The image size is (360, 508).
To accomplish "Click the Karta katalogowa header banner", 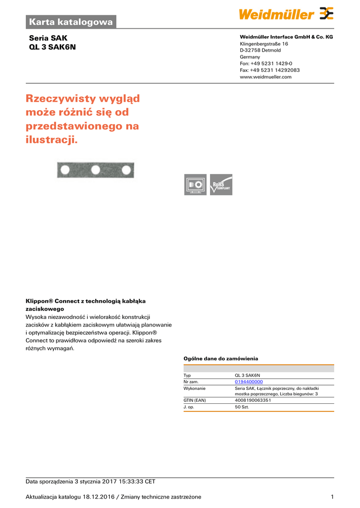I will coord(71,21).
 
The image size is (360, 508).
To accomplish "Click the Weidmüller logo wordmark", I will coord(276,14).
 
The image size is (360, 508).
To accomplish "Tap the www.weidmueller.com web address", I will coord(266,77).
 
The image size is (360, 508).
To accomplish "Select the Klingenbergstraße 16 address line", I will coord(264,44).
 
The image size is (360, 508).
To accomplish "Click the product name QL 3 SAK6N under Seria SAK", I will coord(53,47).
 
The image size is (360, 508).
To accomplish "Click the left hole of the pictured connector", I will coord(64,171).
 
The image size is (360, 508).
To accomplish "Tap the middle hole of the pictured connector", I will coord(95,171).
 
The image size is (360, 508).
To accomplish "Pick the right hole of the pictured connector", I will coord(127,171).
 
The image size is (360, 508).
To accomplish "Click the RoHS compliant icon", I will coord(221,185).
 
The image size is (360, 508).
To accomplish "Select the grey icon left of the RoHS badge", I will coord(195,185).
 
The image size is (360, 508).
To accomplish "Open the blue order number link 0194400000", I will coord(249,381).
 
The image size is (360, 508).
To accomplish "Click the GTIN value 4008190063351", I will coord(253,400).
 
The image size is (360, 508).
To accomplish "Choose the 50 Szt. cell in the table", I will coord(242,407).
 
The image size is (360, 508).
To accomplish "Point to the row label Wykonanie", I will coord(195,388).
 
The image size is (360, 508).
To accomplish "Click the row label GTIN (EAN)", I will coord(195,400).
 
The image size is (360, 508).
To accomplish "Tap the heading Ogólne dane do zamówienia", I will coord(221,358).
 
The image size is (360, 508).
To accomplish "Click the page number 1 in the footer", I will coord(332,497).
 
